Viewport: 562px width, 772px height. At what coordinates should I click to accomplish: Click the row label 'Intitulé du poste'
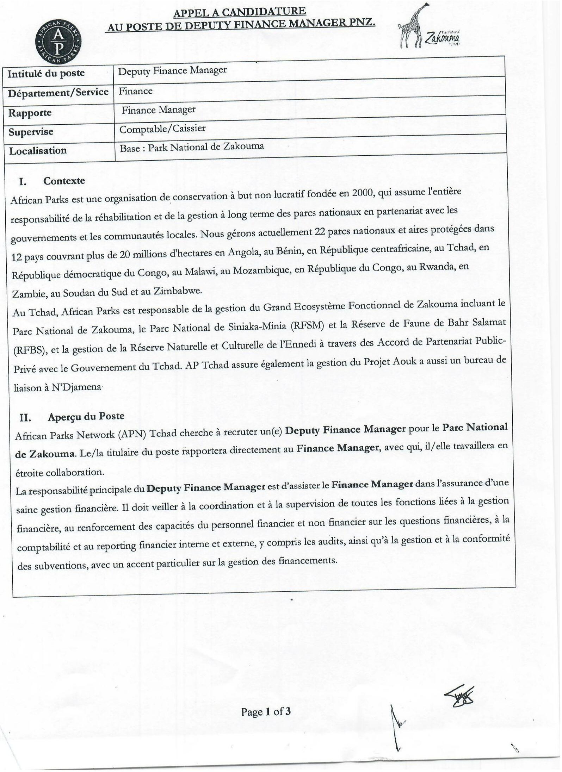[x=46, y=74]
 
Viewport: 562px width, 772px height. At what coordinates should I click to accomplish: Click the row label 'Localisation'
[x=38, y=151]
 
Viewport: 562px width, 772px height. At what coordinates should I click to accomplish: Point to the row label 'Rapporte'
[x=30, y=113]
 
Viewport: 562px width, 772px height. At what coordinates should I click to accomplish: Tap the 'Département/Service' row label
[x=58, y=93]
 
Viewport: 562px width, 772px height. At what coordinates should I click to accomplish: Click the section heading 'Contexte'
[x=64, y=181]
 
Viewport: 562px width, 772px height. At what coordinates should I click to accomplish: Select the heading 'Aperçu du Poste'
[x=86, y=416]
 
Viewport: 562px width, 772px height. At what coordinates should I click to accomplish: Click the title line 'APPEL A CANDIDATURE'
[x=240, y=11]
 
